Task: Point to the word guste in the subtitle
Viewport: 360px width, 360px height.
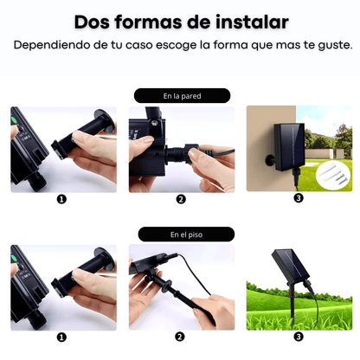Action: [328, 44]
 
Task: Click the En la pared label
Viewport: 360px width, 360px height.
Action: [182, 96]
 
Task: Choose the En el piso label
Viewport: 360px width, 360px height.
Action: [182, 234]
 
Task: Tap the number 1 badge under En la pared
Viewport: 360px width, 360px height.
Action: [61, 199]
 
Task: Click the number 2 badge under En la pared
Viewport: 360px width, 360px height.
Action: [181, 199]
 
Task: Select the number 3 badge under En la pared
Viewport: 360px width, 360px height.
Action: [299, 199]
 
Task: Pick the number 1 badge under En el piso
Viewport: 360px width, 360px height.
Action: [61, 337]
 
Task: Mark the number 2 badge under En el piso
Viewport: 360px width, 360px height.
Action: [181, 337]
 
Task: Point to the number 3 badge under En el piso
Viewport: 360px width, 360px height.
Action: [299, 337]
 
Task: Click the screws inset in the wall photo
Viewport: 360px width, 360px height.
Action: [333, 177]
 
